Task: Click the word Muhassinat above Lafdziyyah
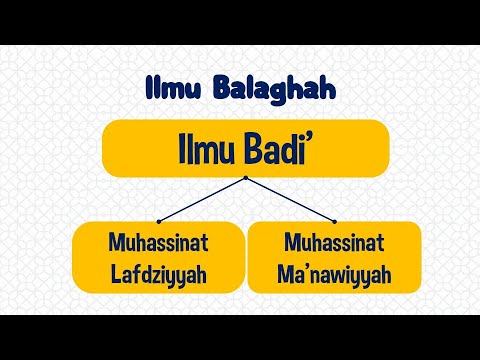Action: coord(159,243)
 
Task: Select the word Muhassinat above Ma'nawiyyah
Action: coord(334,243)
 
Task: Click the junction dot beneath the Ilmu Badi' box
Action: coord(245,178)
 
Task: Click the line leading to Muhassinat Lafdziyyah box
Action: coord(201,200)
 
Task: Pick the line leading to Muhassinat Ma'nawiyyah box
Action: coord(289,200)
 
